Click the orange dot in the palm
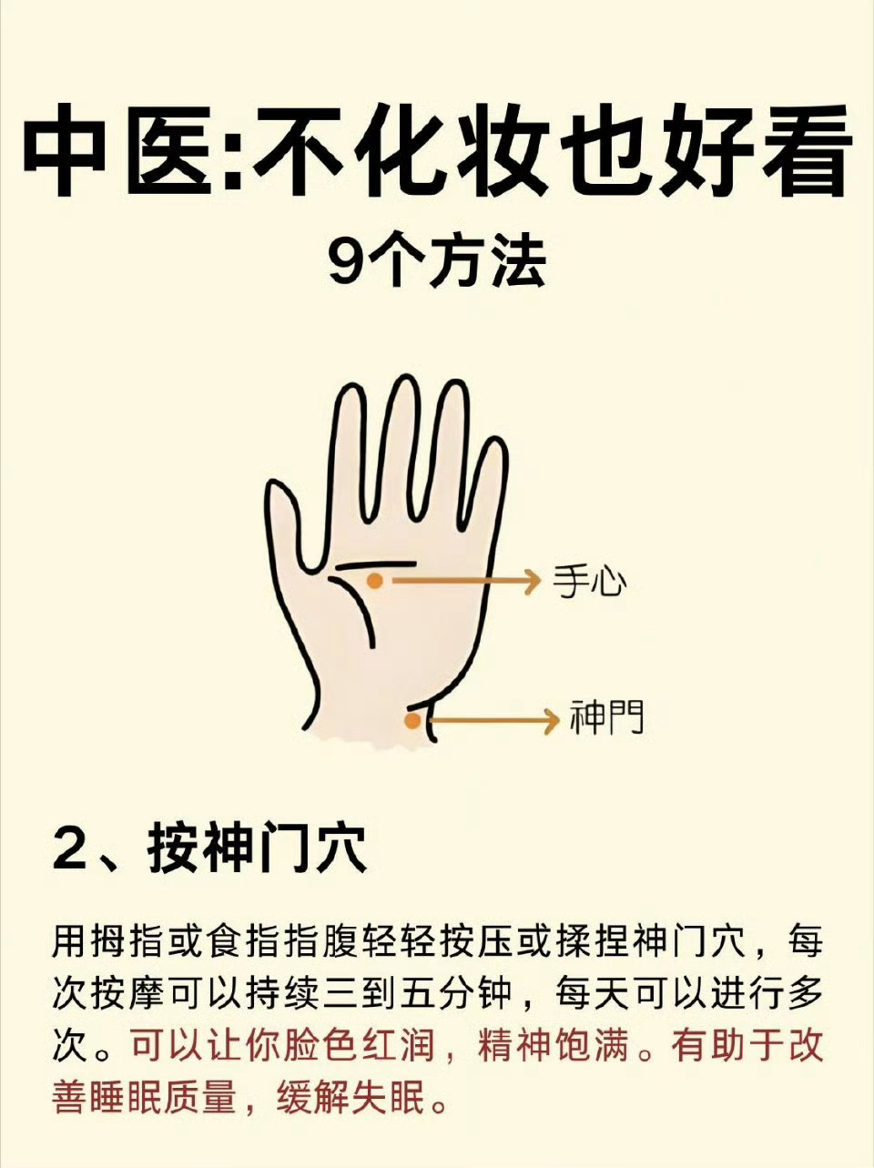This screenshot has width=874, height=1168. pos(375,581)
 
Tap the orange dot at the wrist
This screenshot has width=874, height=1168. pos(412,721)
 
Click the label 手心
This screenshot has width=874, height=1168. pos(589,580)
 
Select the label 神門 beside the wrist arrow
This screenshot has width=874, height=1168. pos(607,716)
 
